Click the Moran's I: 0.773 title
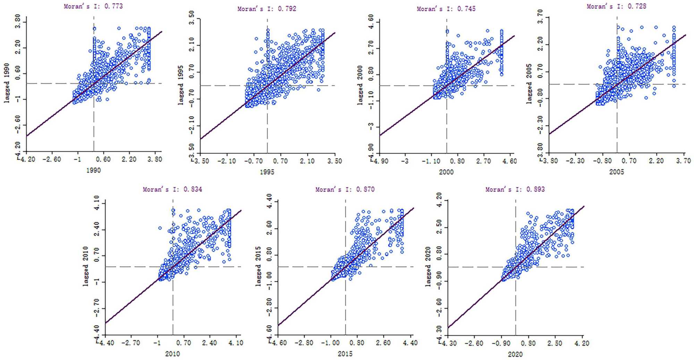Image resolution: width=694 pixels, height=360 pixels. (93, 6)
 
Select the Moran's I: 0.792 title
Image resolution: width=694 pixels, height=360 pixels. (267, 9)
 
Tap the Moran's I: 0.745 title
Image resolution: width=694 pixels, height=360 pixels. (446, 9)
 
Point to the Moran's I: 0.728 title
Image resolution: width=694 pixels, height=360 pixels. (617, 6)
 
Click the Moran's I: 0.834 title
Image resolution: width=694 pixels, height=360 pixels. (172, 189)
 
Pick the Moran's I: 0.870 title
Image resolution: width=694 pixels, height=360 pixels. (345, 189)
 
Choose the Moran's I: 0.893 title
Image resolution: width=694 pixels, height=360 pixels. (515, 189)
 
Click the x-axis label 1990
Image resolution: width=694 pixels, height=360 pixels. (93, 170)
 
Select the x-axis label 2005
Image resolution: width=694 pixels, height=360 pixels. (617, 171)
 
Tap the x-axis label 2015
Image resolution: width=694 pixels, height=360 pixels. (345, 354)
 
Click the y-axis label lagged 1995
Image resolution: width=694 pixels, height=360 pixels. (180, 85)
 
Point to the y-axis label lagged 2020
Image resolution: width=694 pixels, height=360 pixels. (428, 267)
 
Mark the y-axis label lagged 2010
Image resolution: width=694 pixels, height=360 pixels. (86, 267)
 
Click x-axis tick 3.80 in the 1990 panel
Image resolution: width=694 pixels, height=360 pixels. (154, 159)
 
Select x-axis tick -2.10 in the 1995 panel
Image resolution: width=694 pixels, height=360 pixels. (227, 161)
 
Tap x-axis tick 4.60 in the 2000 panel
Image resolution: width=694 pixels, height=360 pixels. (509, 161)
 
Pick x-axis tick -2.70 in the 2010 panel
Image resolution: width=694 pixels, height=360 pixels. (131, 343)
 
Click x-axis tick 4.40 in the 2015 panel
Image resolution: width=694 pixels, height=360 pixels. (410, 343)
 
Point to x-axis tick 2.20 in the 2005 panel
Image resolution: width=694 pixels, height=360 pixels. (656, 161)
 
